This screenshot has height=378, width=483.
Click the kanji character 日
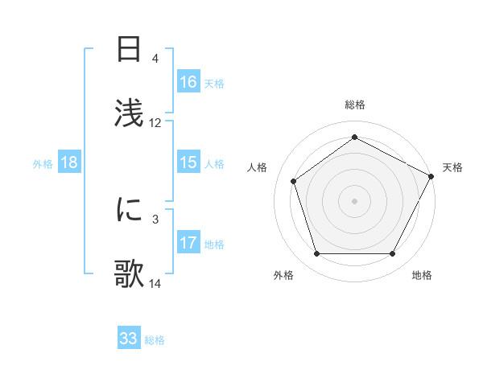click(130, 51)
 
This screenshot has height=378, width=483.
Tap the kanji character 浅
click(130, 109)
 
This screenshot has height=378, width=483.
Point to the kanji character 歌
click(130, 271)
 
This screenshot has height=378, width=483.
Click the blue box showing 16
click(188, 82)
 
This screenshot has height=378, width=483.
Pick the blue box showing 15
click(188, 162)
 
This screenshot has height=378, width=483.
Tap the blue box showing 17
click(188, 243)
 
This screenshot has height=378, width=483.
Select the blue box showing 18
click(69, 162)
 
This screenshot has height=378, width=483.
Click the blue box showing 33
click(129, 339)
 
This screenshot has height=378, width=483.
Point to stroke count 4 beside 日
click(155, 59)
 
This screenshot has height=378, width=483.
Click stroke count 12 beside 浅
click(155, 123)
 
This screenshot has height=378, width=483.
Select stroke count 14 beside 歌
click(155, 283)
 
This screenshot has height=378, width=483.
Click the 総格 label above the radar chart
click(354, 105)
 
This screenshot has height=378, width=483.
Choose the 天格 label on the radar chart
click(452, 167)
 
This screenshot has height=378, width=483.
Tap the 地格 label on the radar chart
click(422, 276)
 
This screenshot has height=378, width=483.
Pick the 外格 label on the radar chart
click(283, 276)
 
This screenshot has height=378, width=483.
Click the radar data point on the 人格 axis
click(294, 181)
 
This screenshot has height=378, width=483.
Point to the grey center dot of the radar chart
click(354, 200)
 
